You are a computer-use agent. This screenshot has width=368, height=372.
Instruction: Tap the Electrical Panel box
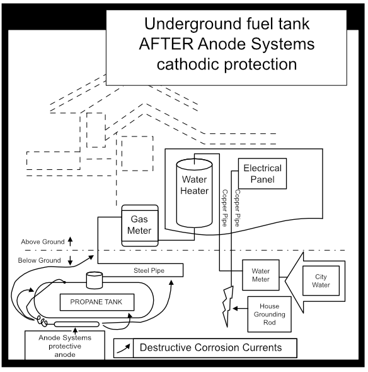[x=262, y=174]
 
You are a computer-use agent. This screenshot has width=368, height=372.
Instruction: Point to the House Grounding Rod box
[x=270, y=313]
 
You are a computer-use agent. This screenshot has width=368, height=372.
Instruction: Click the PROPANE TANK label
[x=96, y=302]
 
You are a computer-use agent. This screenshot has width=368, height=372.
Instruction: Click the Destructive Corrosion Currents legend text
[x=210, y=347]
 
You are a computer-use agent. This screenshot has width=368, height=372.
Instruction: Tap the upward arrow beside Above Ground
[x=70, y=241]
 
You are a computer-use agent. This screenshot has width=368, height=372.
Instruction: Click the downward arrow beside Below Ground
[x=70, y=260]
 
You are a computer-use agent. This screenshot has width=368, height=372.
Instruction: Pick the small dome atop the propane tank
[x=95, y=279]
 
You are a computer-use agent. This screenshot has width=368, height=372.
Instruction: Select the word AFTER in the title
[x=171, y=45]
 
